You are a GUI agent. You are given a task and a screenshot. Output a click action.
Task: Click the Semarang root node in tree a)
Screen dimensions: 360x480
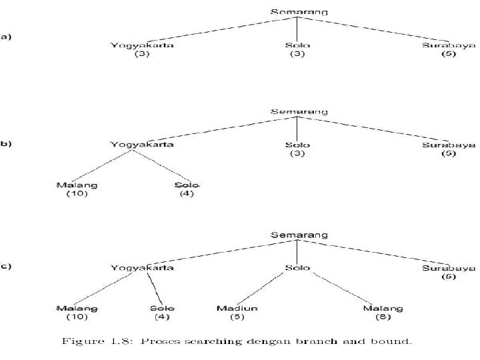point(299,12)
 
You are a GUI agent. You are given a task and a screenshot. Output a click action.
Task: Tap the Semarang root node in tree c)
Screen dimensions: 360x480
point(299,235)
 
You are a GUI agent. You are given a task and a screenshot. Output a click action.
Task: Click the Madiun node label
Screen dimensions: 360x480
point(237,309)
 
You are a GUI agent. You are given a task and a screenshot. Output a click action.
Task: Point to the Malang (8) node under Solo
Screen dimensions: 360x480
point(383,309)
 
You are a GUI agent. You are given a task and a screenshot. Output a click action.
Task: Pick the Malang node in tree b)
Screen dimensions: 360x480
point(77,185)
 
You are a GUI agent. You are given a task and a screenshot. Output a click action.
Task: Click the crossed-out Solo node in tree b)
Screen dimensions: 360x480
point(187,185)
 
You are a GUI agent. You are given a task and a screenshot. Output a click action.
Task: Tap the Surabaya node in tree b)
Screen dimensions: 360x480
point(449,145)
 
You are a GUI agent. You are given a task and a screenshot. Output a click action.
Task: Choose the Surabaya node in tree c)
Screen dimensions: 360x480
point(449,268)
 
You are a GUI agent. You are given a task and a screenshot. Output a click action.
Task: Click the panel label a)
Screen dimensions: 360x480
point(6,37)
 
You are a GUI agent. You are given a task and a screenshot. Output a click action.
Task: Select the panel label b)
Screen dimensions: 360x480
point(6,143)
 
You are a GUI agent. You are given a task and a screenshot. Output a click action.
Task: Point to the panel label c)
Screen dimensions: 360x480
point(6,267)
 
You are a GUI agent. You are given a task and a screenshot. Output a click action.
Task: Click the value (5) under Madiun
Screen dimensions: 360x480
point(237,318)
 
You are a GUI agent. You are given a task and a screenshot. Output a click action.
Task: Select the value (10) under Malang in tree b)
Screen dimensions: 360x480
point(77,194)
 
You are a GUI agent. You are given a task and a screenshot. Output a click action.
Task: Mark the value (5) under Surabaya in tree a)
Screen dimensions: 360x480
point(449,54)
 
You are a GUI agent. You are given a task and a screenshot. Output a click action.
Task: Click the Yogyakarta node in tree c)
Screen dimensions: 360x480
point(143,268)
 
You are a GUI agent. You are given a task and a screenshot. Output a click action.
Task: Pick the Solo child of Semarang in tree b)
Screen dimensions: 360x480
point(297,145)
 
